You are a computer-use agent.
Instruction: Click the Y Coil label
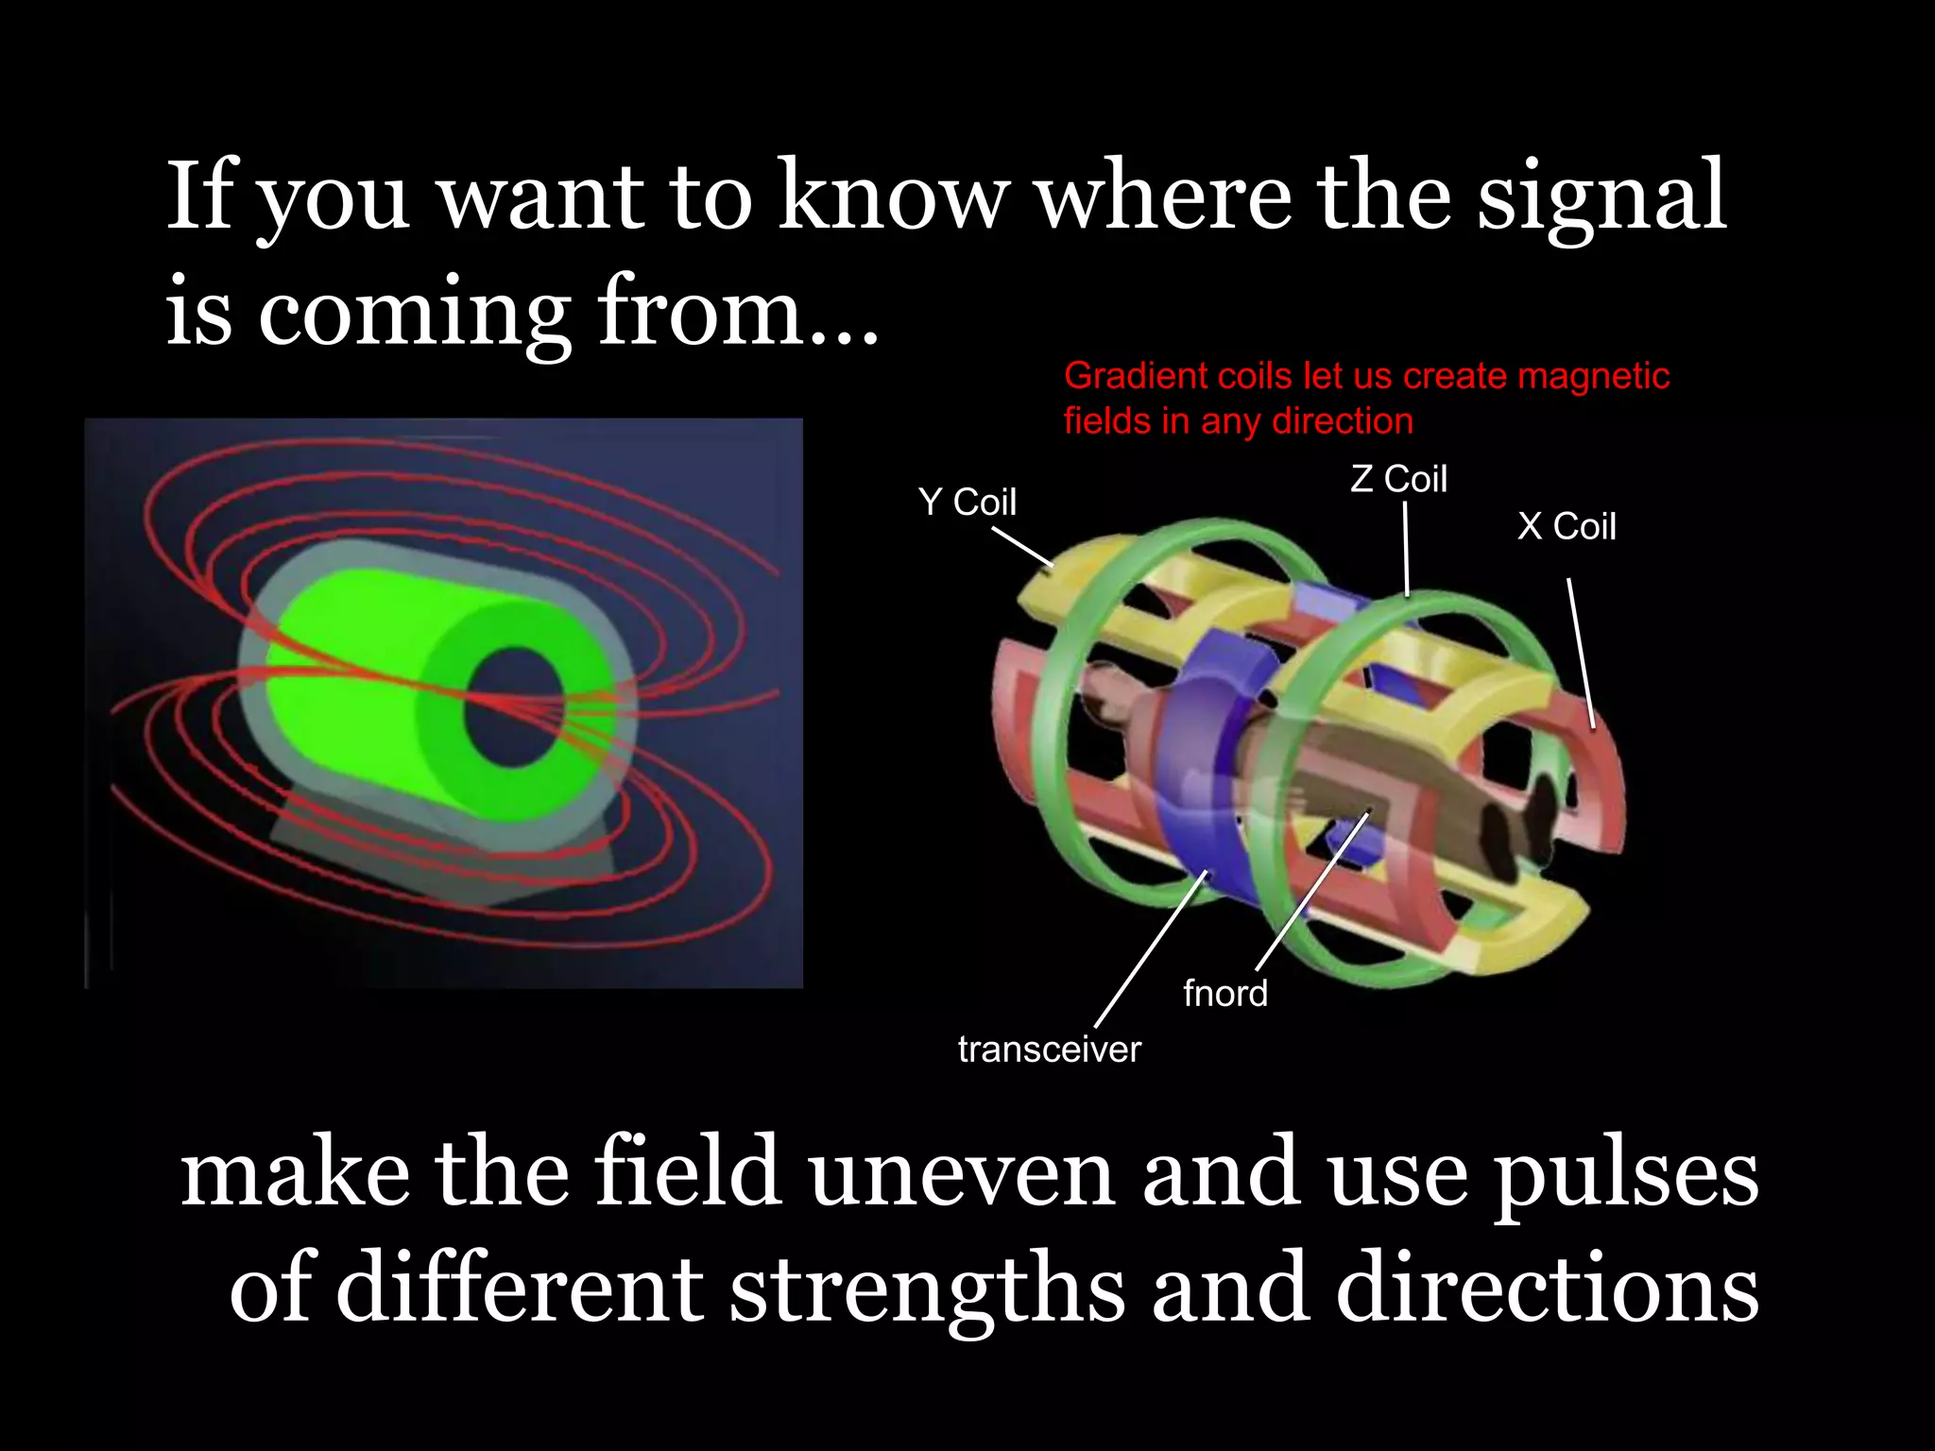967,502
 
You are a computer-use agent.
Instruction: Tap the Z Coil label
1398,479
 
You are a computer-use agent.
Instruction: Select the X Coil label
1567,526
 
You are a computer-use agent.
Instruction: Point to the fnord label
1225,994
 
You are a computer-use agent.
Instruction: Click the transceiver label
1049,1050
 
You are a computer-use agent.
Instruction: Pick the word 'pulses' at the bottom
1625,1176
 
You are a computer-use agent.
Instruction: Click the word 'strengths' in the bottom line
926,1290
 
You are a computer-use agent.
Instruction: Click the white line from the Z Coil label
1406,549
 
